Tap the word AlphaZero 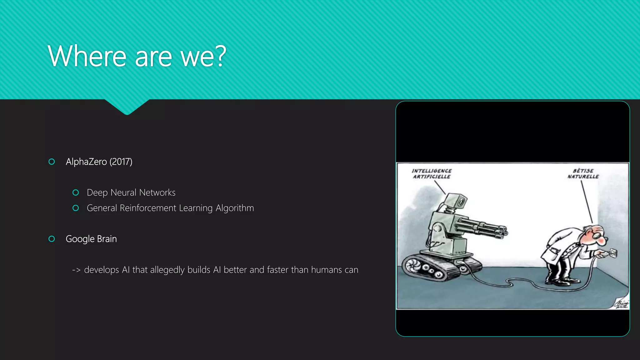click(86, 162)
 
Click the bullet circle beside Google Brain click(52, 239)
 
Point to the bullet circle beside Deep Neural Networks click(75, 192)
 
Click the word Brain click(107, 239)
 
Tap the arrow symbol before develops click(76, 270)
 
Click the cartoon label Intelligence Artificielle click(432, 174)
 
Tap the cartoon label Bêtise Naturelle click(583, 174)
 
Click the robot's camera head click(456, 202)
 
